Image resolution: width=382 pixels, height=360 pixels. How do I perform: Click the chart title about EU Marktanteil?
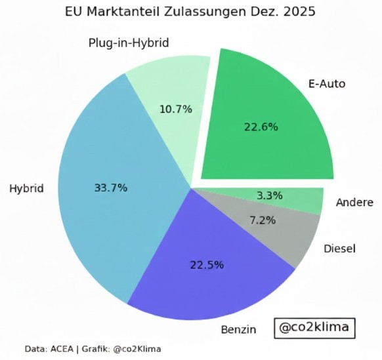[190, 12]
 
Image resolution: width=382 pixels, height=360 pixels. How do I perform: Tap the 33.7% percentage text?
[111, 188]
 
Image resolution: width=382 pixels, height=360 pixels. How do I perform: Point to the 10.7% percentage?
[176, 109]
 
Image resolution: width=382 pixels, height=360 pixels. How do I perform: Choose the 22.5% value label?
[207, 265]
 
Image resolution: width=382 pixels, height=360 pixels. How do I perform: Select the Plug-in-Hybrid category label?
[129, 43]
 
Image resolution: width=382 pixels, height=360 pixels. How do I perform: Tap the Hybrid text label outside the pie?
[26, 189]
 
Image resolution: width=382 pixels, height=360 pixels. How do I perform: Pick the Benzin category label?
[237, 329]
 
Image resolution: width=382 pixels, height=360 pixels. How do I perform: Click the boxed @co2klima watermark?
[314, 327]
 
